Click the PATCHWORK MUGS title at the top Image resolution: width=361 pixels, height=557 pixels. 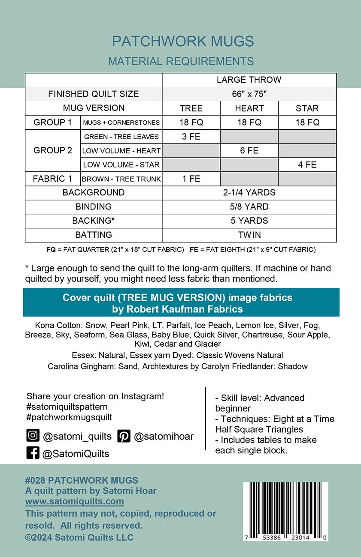(183, 42)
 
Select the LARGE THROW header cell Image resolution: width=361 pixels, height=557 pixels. (249, 80)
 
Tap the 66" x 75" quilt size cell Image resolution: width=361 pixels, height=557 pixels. (249, 94)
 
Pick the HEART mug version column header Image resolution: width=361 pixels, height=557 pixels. (249, 108)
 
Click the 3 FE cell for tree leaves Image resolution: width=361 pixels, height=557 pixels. (191, 137)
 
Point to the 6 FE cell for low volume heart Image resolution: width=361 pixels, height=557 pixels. (249, 151)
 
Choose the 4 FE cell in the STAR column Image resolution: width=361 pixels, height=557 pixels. (307, 165)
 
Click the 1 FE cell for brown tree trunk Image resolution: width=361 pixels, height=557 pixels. (191, 179)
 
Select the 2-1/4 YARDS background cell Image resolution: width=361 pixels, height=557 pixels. (249, 192)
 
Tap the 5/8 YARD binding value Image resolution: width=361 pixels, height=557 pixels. (249, 207)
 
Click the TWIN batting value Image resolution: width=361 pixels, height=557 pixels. (249, 235)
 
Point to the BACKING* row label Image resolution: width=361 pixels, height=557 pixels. (94, 221)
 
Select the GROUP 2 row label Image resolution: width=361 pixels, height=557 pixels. (53, 151)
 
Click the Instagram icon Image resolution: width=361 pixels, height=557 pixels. (33, 436)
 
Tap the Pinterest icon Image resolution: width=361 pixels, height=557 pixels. (124, 436)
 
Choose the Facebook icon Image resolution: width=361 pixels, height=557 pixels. (33, 453)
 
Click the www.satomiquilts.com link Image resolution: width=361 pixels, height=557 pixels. (75, 501)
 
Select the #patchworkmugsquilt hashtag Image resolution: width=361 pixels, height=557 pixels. (69, 417)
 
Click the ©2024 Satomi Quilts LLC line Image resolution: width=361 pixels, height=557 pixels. (79, 537)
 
